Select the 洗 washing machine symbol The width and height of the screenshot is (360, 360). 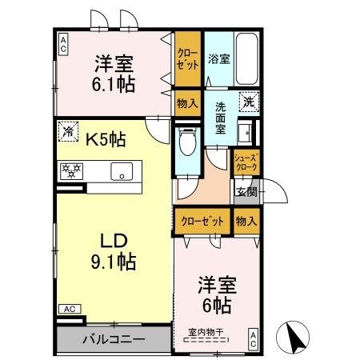tap(250, 102)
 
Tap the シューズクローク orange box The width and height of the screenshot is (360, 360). tap(245, 162)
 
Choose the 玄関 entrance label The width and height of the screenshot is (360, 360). tap(246, 191)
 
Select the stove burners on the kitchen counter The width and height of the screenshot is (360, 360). tap(73, 170)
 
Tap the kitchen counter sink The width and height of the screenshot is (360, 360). tap(122, 170)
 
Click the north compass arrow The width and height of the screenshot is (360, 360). tap(294, 336)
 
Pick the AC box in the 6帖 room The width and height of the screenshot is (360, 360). tap(252, 338)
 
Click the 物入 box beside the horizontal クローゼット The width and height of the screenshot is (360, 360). tap(246, 220)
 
